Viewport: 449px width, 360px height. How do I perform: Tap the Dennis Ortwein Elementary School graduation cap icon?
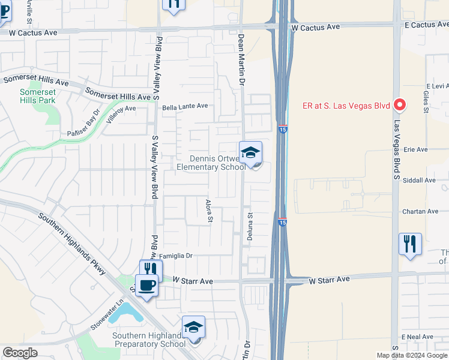(x=250, y=153)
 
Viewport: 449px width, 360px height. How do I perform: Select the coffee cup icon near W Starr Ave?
(x=146, y=286)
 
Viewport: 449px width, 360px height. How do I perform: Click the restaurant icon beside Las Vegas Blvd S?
(x=410, y=244)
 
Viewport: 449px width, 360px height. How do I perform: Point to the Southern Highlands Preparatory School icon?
(x=193, y=328)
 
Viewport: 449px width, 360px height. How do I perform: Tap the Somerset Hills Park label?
(x=38, y=96)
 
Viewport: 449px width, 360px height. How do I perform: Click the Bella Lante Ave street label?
(x=185, y=106)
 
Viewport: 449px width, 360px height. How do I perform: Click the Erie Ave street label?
(x=415, y=149)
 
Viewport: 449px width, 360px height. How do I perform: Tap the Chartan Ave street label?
(x=420, y=211)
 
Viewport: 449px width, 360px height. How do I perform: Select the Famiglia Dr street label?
(x=175, y=256)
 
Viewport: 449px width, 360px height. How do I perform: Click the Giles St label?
(x=426, y=106)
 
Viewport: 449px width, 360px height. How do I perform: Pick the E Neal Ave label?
(x=417, y=338)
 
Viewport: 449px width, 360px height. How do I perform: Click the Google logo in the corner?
(x=20, y=353)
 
